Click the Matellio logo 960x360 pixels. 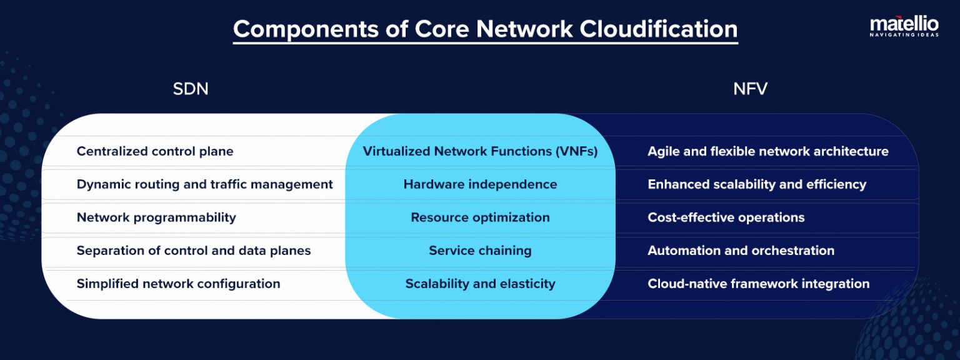click(904, 26)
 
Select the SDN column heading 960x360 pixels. click(191, 89)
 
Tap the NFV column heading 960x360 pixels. click(750, 89)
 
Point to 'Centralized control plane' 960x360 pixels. click(155, 151)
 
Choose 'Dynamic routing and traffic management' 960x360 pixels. click(204, 184)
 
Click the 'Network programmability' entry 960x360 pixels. click(156, 217)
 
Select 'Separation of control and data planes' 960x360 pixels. click(194, 251)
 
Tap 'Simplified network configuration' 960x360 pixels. click(178, 284)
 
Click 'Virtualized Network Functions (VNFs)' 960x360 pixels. click(480, 151)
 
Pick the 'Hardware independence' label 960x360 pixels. click(480, 184)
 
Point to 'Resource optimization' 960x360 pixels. click(480, 217)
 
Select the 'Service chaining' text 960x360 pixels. click(480, 251)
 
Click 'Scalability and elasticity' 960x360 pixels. click(480, 284)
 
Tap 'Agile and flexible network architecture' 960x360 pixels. click(767, 151)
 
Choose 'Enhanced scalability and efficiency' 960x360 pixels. click(757, 184)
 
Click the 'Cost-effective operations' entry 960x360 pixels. click(726, 217)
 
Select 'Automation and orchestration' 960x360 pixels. click(741, 251)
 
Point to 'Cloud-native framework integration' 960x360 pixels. click(758, 284)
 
